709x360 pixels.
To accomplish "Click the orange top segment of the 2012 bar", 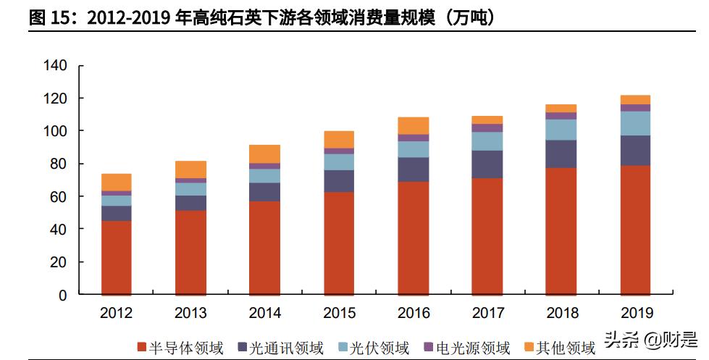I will (x=116, y=182).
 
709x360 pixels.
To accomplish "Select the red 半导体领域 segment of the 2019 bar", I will (x=635, y=230).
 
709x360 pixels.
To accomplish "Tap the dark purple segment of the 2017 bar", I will (x=487, y=164).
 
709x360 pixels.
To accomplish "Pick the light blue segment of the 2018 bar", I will (x=561, y=130).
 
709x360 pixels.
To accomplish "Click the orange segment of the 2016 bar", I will (x=413, y=125).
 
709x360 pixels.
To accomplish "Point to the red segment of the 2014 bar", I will (x=264, y=248).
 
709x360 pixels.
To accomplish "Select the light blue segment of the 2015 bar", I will (x=338, y=162).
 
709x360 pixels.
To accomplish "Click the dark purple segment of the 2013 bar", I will (x=190, y=203).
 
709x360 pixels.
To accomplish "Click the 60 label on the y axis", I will (x=59, y=196).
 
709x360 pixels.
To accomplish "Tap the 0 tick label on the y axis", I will (x=62, y=295).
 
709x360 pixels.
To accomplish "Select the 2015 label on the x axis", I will (x=338, y=313).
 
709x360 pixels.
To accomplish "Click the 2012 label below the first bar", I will (x=116, y=313).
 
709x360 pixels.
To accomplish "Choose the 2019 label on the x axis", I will (x=635, y=313).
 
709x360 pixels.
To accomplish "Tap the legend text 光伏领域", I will (x=379, y=348).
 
